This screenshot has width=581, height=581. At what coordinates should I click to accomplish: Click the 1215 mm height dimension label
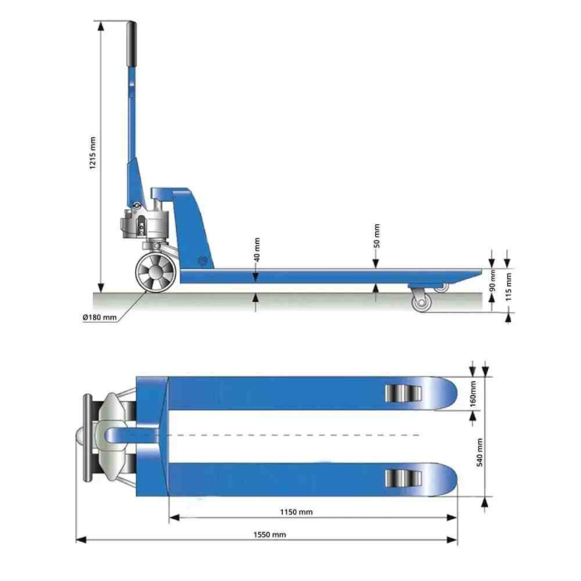click(92, 153)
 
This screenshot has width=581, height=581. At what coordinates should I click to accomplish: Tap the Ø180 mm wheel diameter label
click(99, 317)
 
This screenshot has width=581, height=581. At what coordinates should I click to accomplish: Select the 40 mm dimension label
click(257, 248)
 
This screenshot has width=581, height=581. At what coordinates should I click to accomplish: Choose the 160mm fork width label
click(472, 393)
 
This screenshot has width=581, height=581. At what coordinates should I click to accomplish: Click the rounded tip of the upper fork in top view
click(448, 393)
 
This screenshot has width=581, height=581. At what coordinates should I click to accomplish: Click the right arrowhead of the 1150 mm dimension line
click(454, 519)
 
